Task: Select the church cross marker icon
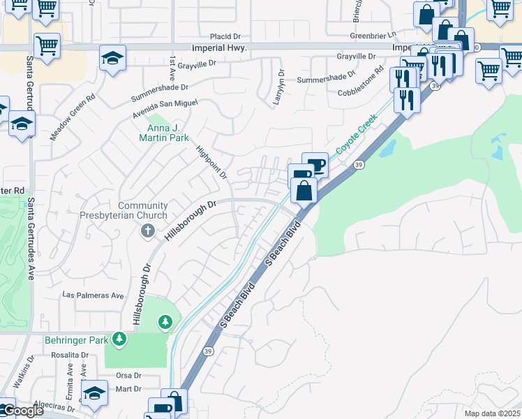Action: coord(147,230)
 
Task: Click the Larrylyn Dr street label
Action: coord(281,87)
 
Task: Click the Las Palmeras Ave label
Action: coord(94,295)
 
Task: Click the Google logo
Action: coord(22,411)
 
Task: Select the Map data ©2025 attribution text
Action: coord(491,413)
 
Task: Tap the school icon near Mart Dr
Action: coord(94,392)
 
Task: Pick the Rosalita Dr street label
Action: coord(69,355)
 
